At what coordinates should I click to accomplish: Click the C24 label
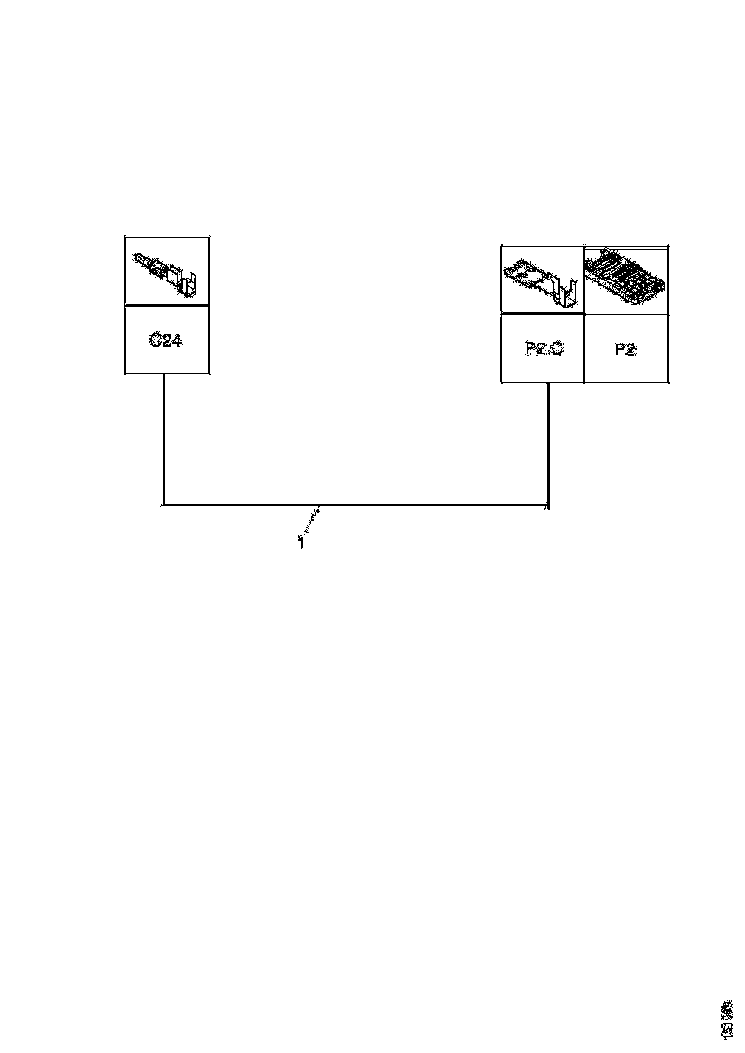pos(167,340)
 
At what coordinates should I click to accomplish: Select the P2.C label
pos(544,348)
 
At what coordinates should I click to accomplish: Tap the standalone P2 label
pos(625,348)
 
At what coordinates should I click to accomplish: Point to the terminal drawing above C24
pos(167,271)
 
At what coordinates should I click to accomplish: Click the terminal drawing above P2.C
pos(542,279)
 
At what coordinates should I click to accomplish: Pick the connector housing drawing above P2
pos(626,278)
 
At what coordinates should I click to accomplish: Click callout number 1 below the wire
pos(301,543)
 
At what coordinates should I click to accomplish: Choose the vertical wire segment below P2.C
pos(547,442)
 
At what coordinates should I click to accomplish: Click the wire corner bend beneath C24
pos(164,504)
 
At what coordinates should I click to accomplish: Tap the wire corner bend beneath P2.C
pos(547,504)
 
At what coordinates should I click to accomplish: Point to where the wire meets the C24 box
pos(164,374)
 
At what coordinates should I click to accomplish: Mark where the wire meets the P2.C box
pos(547,383)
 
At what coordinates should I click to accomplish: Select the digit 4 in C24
pos(177,340)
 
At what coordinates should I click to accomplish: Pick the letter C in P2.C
pos(557,348)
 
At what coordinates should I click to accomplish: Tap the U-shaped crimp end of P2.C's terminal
pos(569,292)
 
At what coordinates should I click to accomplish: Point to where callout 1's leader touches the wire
pos(320,505)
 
